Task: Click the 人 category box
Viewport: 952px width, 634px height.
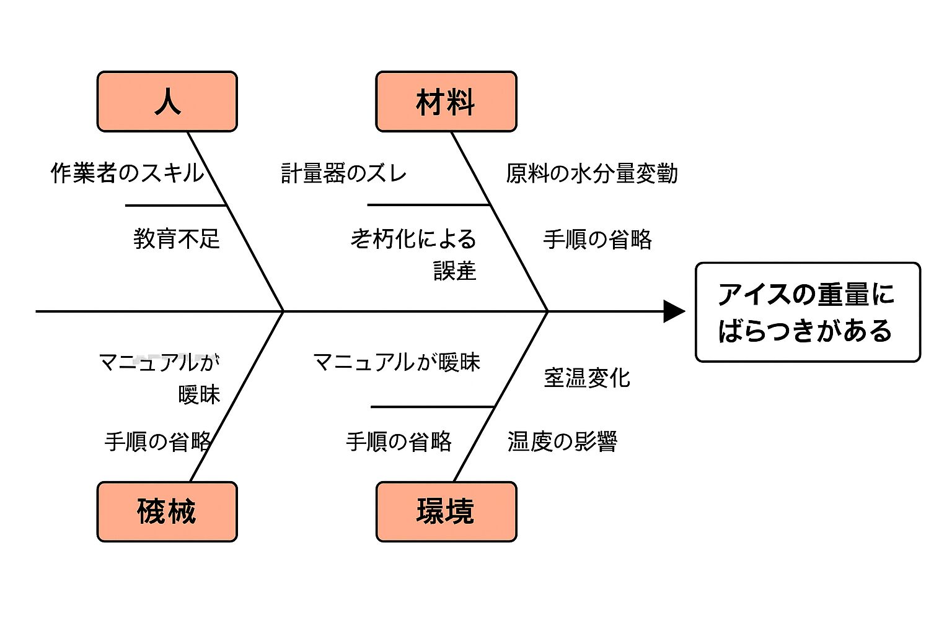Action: [x=167, y=102]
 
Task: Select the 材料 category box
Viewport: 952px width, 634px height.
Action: [x=446, y=102]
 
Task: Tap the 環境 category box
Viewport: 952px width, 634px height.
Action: [x=446, y=511]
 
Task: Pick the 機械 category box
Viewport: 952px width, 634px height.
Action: [x=167, y=511]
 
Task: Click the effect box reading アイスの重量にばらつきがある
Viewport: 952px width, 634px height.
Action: [x=807, y=312]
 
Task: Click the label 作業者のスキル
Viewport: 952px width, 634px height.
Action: [x=127, y=173]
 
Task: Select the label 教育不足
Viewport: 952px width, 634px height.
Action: [x=177, y=239]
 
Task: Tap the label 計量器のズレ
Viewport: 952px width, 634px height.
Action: [x=344, y=173]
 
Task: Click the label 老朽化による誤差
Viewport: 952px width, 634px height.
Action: [x=414, y=254]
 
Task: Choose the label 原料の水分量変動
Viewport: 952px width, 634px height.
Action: [x=591, y=173]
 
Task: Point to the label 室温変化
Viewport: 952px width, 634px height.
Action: [x=586, y=378]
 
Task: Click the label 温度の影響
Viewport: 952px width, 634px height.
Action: [x=562, y=441]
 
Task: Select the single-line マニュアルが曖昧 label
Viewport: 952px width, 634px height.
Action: [x=397, y=362]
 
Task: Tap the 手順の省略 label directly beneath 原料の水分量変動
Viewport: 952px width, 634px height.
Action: [x=597, y=239]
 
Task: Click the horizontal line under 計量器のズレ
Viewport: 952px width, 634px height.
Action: [x=428, y=204]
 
